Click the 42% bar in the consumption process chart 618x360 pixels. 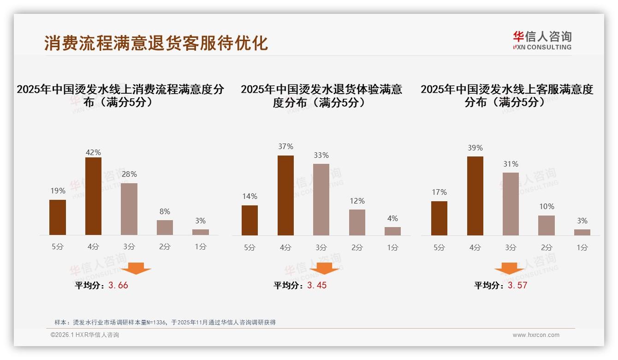[x=93, y=196]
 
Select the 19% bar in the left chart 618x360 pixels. [x=58, y=217]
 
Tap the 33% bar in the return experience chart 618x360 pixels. [x=321, y=199]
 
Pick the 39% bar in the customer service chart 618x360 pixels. [x=475, y=196]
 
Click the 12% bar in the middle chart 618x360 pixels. [x=357, y=222]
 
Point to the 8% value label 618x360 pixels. [x=165, y=212]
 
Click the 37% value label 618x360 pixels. [x=285, y=147]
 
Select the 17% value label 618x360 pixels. [x=439, y=192]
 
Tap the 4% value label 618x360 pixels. [x=392, y=219]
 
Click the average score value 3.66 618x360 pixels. [x=118, y=285]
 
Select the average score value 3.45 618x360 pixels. [x=317, y=285]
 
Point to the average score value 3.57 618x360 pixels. [x=517, y=285]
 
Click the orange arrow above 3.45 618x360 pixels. [x=324, y=268]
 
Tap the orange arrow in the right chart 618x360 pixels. [x=509, y=268]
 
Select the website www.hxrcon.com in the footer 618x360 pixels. [x=536, y=335]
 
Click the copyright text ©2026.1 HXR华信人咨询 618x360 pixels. [x=85, y=335]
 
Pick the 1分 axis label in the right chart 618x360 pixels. [x=582, y=248]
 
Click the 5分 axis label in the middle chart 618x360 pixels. [x=250, y=248]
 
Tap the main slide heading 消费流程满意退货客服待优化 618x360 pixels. [x=156, y=43]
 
